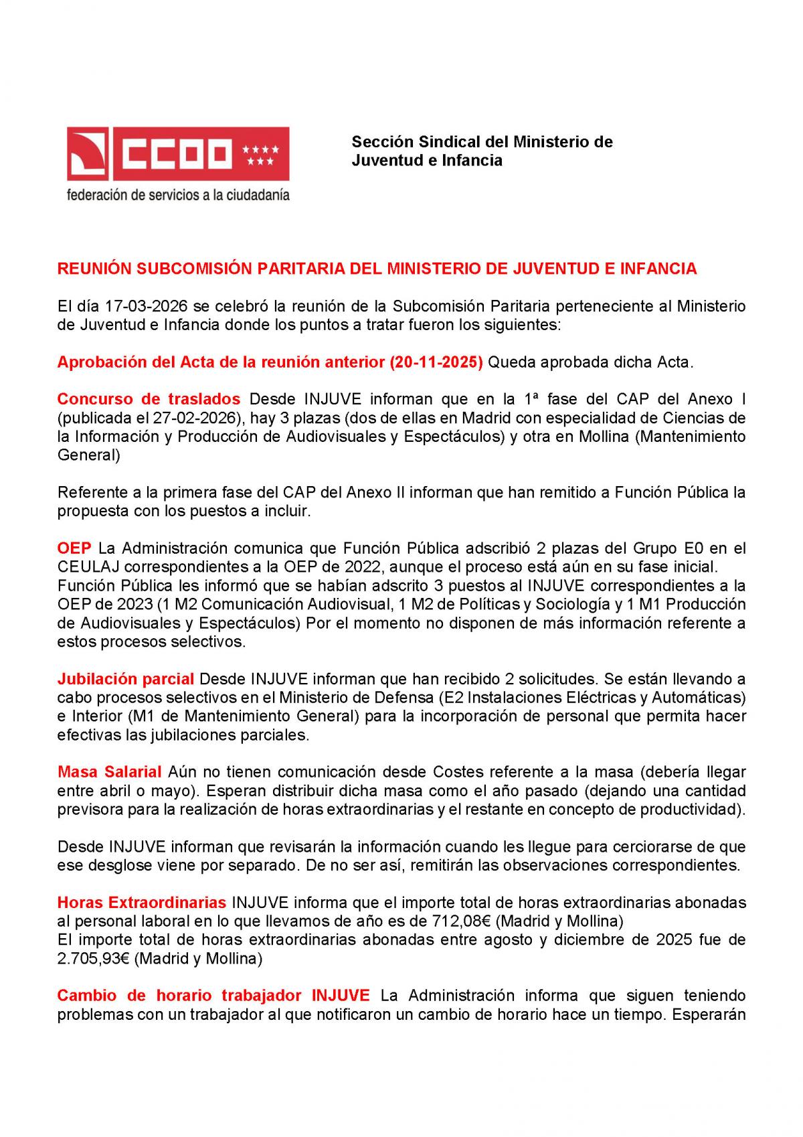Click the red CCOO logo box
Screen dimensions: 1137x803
click(x=177, y=154)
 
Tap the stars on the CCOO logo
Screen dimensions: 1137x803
click(x=260, y=155)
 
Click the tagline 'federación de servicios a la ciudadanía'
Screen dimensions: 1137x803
click(x=177, y=196)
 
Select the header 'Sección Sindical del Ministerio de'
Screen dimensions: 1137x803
click(x=482, y=142)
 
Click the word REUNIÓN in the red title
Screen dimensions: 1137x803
click(x=94, y=269)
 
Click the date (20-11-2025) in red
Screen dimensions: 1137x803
click(x=436, y=362)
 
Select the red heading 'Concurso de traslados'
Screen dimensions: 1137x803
click(x=149, y=399)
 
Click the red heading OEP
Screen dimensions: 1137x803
click(x=74, y=548)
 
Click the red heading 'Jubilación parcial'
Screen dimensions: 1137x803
click(x=125, y=679)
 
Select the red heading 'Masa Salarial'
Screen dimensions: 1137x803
click(x=109, y=772)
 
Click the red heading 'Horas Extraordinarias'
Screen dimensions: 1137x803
click(x=141, y=903)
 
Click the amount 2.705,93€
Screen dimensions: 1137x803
click(x=94, y=958)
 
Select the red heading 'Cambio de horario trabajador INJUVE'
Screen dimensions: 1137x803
click(x=213, y=996)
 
